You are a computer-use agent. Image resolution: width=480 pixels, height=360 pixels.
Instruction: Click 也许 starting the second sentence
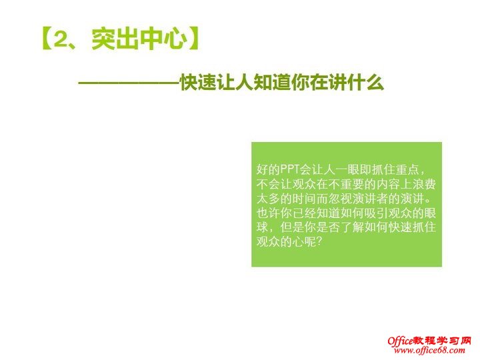[267, 214]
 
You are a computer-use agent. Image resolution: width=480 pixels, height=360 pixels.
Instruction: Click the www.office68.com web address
[427, 351]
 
